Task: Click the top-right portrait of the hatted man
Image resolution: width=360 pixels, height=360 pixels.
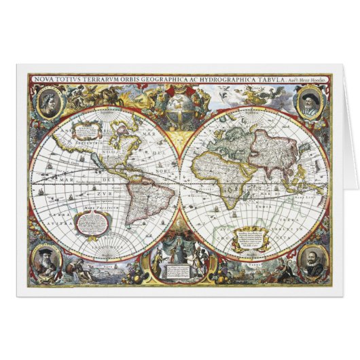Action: (x=309, y=103)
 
